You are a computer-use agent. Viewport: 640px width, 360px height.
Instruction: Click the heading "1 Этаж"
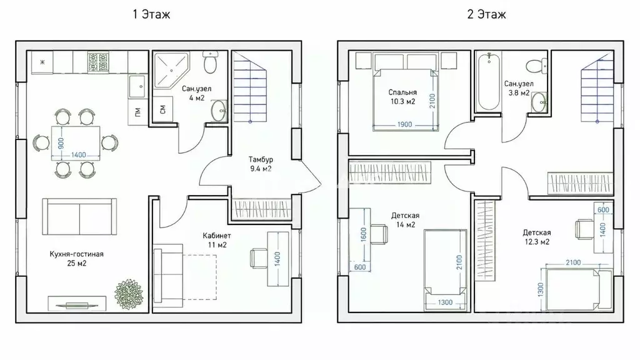(151, 14)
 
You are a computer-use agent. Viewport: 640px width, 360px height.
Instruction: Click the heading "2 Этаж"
(486, 14)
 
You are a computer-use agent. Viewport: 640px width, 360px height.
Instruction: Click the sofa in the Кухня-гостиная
(79, 217)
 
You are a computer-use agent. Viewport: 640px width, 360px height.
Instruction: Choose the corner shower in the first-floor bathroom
(171, 71)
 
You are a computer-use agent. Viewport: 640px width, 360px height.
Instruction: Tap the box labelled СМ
(163, 109)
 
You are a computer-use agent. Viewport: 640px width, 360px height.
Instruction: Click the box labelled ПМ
(137, 112)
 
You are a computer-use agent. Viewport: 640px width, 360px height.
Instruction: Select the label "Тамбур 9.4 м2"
(261, 164)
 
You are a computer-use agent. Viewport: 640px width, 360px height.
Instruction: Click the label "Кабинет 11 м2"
(217, 241)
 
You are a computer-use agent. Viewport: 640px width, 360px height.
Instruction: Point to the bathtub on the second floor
(489, 81)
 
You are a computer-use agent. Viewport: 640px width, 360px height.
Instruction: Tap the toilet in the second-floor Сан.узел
(536, 66)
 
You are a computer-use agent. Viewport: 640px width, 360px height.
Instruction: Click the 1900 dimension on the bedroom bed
(404, 124)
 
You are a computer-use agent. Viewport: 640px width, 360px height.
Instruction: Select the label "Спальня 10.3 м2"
(403, 97)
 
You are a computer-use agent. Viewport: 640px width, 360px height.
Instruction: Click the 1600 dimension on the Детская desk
(364, 234)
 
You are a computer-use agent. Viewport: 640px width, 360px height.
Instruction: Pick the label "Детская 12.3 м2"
(537, 237)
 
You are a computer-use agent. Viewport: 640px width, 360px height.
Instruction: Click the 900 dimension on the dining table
(61, 143)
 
